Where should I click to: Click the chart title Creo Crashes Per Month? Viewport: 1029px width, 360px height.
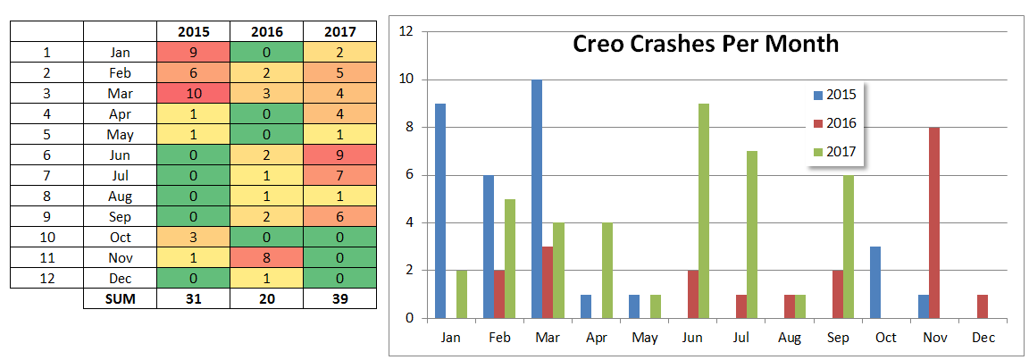coord(706,44)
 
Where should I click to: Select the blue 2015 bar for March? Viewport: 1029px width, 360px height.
coord(537,198)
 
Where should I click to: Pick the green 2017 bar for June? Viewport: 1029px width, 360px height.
coord(704,211)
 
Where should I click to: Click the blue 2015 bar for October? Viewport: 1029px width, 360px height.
coord(874,281)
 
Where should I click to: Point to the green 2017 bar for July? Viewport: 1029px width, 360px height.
coord(752,234)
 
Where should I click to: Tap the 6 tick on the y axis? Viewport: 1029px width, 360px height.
coord(408,175)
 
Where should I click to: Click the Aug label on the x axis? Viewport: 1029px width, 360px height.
coord(790,339)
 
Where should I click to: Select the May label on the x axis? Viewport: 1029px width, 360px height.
coord(644,339)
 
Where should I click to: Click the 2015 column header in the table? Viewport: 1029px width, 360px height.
coord(193,31)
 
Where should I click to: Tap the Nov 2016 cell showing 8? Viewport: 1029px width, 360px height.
coord(266,258)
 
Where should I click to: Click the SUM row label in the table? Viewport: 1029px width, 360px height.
coord(119,299)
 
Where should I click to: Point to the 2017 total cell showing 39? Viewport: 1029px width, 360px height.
coord(339,299)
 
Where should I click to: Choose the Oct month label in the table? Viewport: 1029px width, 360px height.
coord(119,238)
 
